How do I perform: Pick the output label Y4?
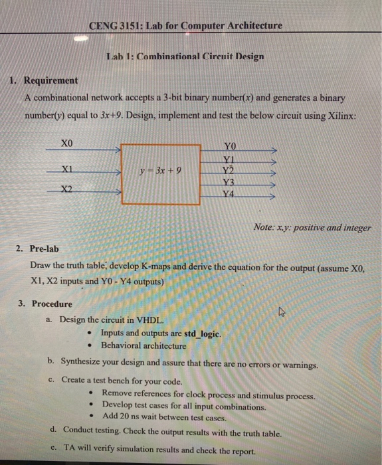tap(230, 195)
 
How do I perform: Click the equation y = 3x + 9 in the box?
tap(160, 172)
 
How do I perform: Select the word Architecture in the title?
tap(249, 26)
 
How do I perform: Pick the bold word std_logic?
tap(199, 333)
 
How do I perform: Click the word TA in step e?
tap(69, 448)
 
